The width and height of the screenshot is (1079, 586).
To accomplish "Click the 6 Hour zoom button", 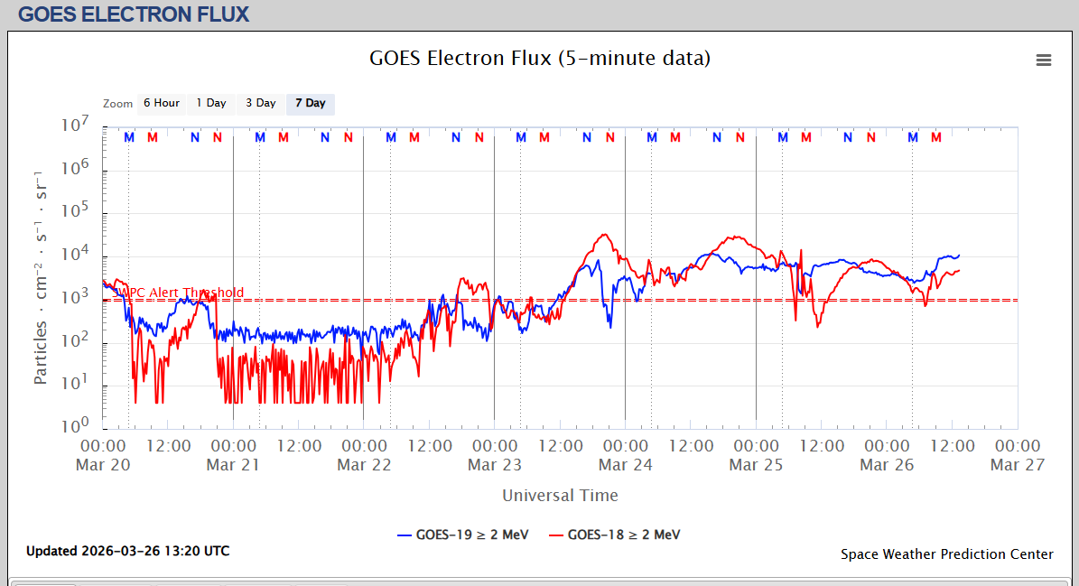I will click(x=162, y=104).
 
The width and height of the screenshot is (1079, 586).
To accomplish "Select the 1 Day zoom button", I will click(x=211, y=104).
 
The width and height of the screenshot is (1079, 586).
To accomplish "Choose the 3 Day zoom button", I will click(x=261, y=104).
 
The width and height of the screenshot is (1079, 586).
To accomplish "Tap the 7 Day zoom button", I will click(x=311, y=104).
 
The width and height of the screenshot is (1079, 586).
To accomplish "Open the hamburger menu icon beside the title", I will click(x=1044, y=60).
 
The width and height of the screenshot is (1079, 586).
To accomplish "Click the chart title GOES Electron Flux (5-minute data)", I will click(x=539, y=59).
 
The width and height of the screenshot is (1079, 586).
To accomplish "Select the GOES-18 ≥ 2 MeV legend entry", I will click(x=614, y=535).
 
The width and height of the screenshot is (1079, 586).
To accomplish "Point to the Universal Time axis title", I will click(x=560, y=495).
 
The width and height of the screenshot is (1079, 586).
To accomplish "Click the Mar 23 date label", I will click(x=494, y=465).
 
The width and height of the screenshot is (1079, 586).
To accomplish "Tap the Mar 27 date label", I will click(x=1017, y=465).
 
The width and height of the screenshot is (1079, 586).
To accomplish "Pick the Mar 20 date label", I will click(x=103, y=465).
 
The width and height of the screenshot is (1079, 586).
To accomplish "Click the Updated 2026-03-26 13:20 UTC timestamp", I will click(x=127, y=551).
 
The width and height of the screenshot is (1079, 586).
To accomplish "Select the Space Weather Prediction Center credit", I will click(x=946, y=554).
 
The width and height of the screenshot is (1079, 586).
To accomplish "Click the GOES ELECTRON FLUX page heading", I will click(x=134, y=14).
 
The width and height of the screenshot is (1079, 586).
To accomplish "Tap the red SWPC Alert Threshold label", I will click(x=181, y=293).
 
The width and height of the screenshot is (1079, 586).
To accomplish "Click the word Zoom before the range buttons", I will click(x=117, y=104).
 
